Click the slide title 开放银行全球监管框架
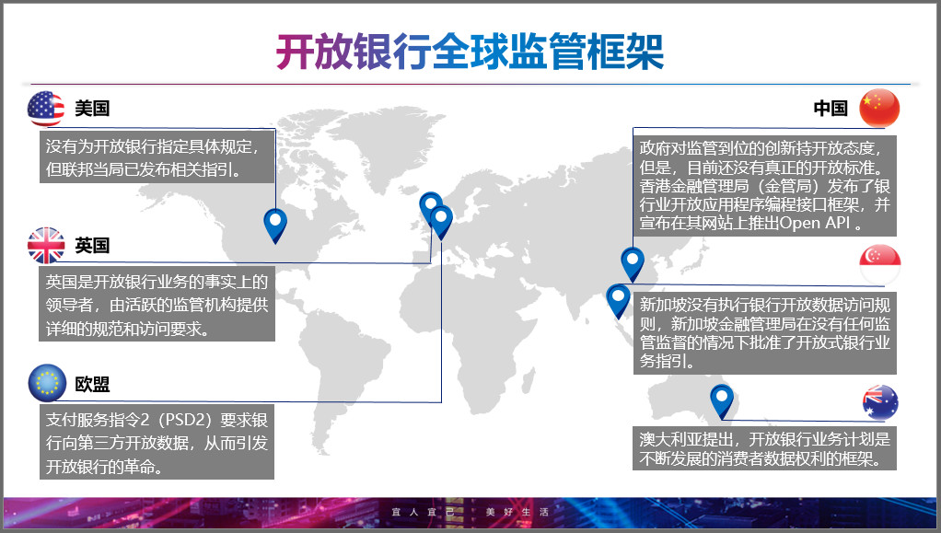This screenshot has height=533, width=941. (470, 52)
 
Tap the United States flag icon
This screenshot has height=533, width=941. (46, 109)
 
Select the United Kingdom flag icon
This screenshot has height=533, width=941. (46, 246)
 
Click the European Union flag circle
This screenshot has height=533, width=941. (47, 383)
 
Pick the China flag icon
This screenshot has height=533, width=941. (879, 108)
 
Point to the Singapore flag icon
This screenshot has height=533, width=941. (880, 265)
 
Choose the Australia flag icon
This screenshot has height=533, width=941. (880, 402)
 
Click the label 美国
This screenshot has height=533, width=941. (92, 109)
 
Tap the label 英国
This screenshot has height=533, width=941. (92, 246)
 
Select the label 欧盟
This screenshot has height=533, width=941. (92, 384)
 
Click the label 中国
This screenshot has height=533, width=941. (831, 109)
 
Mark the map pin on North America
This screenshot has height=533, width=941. (275, 226)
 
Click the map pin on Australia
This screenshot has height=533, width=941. (721, 400)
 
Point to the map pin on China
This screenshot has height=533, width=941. (632, 263)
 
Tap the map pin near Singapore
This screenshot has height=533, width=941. (618, 300)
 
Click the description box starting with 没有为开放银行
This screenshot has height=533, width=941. (157, 158)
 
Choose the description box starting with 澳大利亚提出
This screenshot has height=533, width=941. (764, 448)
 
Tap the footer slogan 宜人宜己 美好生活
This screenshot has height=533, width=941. (470, 512)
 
